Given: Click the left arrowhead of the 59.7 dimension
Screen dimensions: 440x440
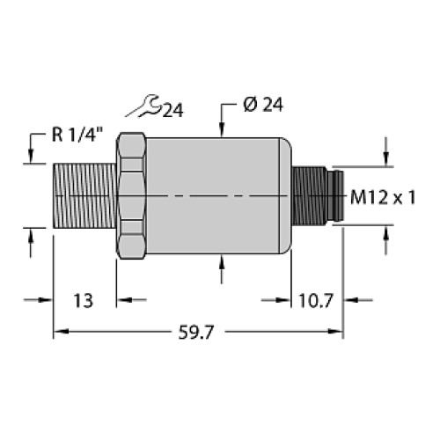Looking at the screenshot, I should pyautogui.click(x=60, y=332).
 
